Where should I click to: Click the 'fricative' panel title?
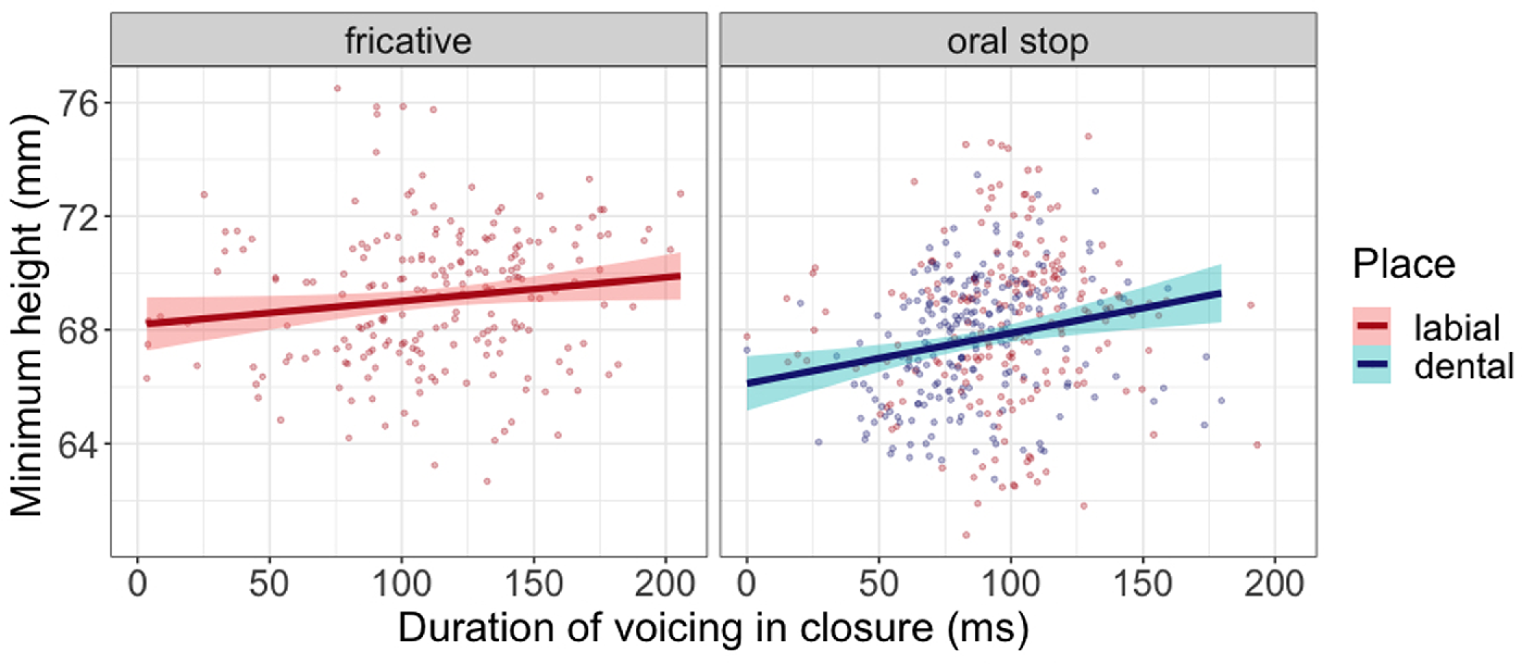pyautogui.click(x=408, y=41)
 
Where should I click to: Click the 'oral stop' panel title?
pyautogui.click(x=1018, y=41)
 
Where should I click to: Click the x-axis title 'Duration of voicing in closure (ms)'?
pyautogui.click(x=713, y=627)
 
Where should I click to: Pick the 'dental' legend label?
pyautogui.click(x=1464, y=366)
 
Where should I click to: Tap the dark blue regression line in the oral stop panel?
pyautogui.click(x=984, y=338)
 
